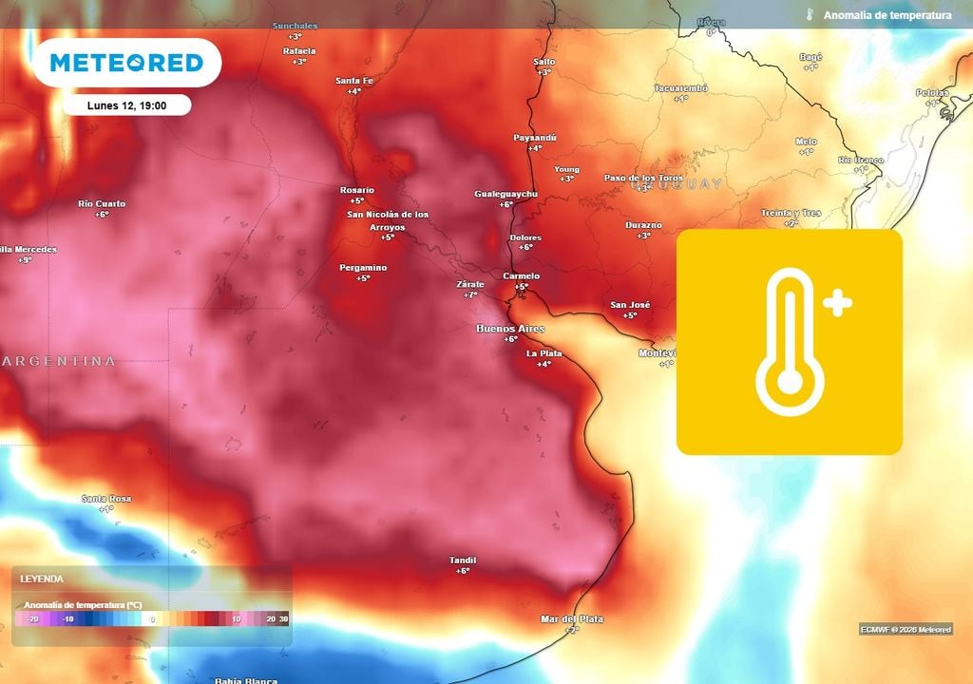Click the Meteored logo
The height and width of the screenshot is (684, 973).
pyautogui.click(x=126, y=63)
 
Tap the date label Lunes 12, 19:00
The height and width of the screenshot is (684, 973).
pyautogui.click(x=127, y=105)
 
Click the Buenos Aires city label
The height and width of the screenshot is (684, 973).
pyautogui.click(x=510, y=328)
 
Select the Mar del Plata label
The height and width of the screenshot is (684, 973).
pyautogui.click(x=572, y=619)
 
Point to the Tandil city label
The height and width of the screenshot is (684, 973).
pyautogui.click(x=463, y=560)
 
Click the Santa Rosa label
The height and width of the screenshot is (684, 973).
pyautogui.click(x=106, y=499)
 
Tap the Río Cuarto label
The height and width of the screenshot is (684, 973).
pyautogui.click(x=102, y=204)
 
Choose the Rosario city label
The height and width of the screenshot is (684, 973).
pyautogui.click(x=357, y=190)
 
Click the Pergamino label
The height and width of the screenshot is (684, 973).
pyautogui.click(x=363, y=268)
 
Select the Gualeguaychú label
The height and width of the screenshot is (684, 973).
pyautogui.click(x=506, y=194)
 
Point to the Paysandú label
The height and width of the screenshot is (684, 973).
pyautogui.click(x=535, y=138)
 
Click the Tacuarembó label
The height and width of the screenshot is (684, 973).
pyautogui.click(x=680, y=87)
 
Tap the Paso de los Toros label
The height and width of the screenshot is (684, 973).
pyautogui.click(x=643, y=178)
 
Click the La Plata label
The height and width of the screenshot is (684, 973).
pyautogui.click(x=544, y=353)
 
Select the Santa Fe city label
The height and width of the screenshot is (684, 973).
pyautogui.click(x=354, y=81)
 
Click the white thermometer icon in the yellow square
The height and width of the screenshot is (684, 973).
pyautogui.click(x=790, y=342)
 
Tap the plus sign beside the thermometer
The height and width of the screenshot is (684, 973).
pyautogui.click(x=837, y=304)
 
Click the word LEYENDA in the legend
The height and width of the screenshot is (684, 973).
pyautogui.click(x=42, y=579)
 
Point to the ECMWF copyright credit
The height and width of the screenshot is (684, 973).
pyautogui.click(x=906, y=629)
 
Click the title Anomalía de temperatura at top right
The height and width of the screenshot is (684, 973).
pyautogui.click(x=887, y=15)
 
